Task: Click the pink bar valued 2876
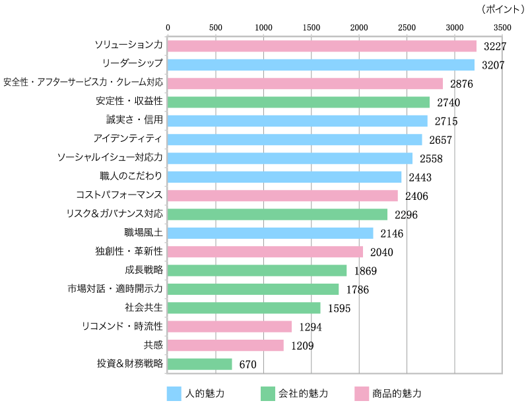pos(305,84)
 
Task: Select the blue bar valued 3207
pos(321,65)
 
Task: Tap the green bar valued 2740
pos(298,102)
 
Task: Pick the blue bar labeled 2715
pos(297,121)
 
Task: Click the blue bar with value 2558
pos(290,158)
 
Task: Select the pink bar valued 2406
pos(282,196)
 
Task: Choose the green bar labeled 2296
pos(277,214)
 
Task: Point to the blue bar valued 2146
pos(270,233)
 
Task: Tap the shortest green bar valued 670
pos(199,364)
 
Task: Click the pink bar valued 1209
pos(225,346)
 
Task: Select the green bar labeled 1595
pos(244,308)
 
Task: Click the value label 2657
pos(440,140)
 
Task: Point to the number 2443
pos(420,177)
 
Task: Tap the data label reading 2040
pos(381,252)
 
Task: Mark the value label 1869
pos(365,271)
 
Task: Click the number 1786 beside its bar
pos(357,290)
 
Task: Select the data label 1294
pos(310,327)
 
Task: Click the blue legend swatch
pos(174,394)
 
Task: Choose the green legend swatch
pos(268,394)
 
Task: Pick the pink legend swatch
pos(362,394)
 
